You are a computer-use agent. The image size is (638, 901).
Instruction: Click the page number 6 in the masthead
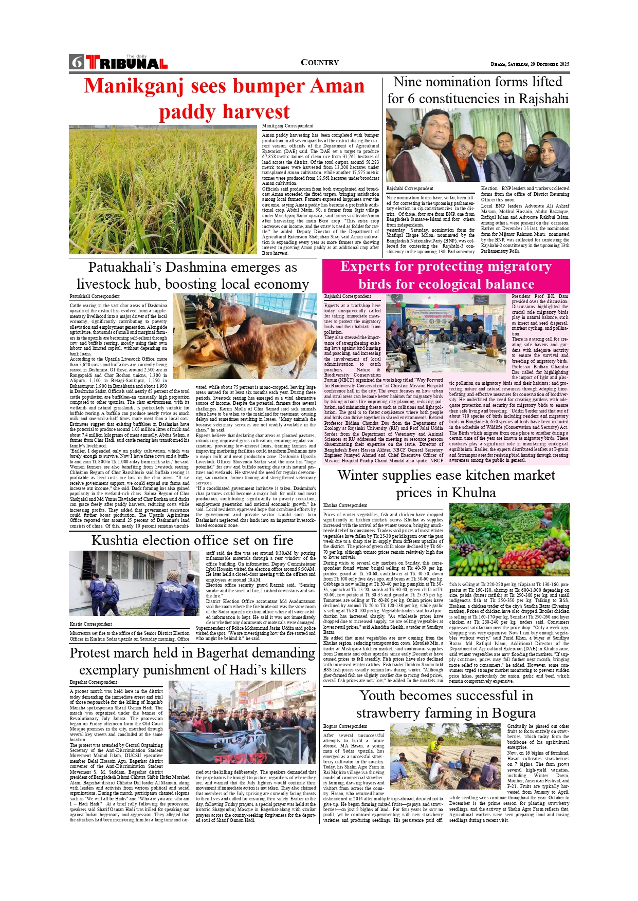click(x=77, y=62)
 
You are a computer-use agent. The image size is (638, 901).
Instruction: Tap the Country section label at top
click(x=319, y=63)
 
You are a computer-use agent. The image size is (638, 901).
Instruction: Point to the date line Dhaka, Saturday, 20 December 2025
click(x=530, y=64)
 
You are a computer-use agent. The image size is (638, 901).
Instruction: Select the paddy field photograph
click(x=163, y=190)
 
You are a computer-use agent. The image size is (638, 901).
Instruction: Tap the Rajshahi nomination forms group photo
click(x=478, y=145)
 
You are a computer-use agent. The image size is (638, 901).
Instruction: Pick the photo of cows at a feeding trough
click(x=245, y=336)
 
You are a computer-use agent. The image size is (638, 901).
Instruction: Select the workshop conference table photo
click(x=446, y=333)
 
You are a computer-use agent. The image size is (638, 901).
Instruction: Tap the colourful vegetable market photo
click(x=509, y=539)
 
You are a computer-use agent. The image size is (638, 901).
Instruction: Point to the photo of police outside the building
click(x=134, y=583)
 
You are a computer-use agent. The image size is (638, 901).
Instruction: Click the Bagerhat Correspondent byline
click(x=94, y=682)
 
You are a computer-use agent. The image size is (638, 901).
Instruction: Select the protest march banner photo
click(x=242, y=722)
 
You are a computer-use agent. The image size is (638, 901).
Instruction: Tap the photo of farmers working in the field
click(x=445, y=756)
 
